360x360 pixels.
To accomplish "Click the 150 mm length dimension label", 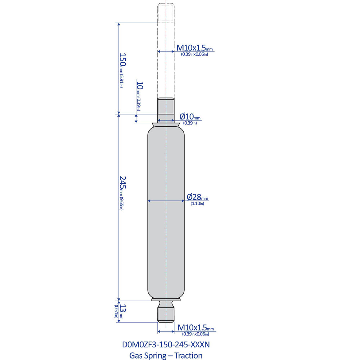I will tap(123, 59).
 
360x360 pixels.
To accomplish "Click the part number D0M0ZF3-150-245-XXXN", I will tap(166, 345).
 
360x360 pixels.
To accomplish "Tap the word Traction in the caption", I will tap(188, 356).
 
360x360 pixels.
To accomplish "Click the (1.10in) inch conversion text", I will tap(197, 204).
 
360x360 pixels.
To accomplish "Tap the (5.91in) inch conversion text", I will tap(121, 81).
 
